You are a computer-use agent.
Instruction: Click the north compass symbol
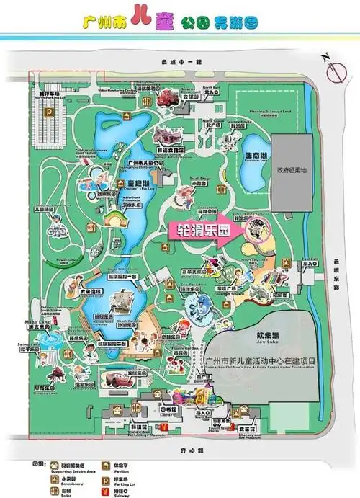335,70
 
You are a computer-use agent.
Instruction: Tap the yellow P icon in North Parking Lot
50,112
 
